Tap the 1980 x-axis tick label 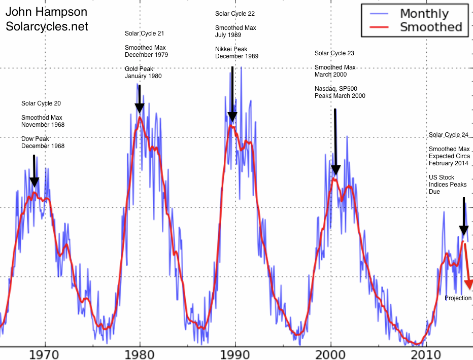(x=140, y=353)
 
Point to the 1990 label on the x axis (x=235, y=353)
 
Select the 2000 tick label (x=330, y=353)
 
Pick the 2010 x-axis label (x=426, y=353)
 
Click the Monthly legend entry (x=424, y=14)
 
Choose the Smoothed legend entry (x=430, y=27)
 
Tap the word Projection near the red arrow (x=458, y=298)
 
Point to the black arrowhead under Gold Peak (x=140, y=109)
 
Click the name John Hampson (x=46, y=12)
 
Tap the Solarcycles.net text (x=47, y=26)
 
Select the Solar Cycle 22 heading (x=235, y=14)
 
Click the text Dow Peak (x=35, y=138)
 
